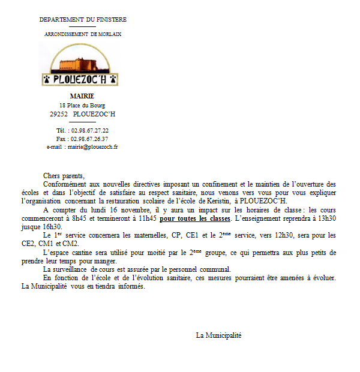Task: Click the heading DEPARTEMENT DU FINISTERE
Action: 83,20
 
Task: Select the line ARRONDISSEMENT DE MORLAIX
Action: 83,34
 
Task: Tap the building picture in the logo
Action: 81,60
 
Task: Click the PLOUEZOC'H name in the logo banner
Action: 81,80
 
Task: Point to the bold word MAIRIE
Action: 82,96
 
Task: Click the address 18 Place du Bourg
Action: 82,105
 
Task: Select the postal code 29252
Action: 59,113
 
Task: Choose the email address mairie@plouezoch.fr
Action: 92,146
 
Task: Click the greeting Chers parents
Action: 64,175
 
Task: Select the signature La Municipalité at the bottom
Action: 218,335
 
